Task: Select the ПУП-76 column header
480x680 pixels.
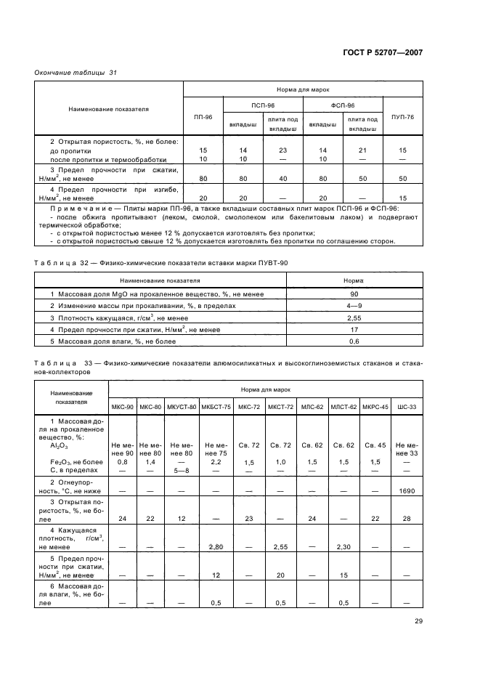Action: [402, 116]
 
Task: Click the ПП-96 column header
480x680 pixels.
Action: [203, 116]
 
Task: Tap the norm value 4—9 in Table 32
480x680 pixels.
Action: [353, 306]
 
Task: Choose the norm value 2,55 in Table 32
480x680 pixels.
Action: [353, 317]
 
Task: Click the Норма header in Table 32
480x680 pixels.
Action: [353, 280]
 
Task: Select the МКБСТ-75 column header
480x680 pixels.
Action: [216, 406]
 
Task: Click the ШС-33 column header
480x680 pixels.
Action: [407, 406]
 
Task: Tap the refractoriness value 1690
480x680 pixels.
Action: [407, 492]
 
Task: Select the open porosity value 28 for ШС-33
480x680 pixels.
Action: [407, 519]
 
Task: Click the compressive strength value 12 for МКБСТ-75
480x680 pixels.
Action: [216, 574]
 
